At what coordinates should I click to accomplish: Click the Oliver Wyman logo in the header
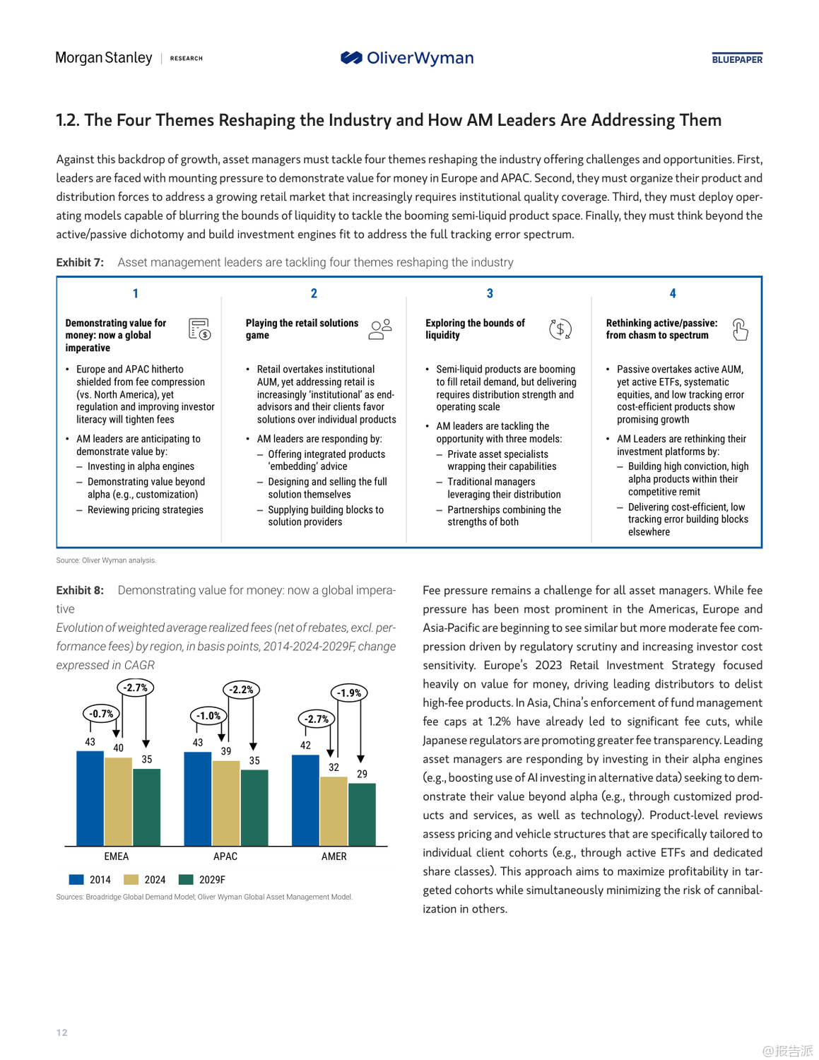tap(407, 58)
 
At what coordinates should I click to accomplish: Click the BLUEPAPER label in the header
tap(737, 59)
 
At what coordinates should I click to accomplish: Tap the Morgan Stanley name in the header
tap(104, 58)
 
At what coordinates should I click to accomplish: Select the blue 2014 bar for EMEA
tap(90, 798)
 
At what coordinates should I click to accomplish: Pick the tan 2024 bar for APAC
tap(226, 803)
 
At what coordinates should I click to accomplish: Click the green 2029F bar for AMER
tap(362, 814)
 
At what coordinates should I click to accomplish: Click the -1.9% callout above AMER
tap(349, 693)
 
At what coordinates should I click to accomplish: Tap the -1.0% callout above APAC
tap(208, 716)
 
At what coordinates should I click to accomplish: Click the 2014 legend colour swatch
tap(76, 880)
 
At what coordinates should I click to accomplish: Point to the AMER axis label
tap(334, 856)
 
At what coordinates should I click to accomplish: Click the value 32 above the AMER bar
tap(334, 767)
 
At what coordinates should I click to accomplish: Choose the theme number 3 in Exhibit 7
tap(490, 293)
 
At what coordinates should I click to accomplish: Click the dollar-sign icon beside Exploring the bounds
tap(560, 329)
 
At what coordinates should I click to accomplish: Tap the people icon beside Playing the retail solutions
tap(380, 329)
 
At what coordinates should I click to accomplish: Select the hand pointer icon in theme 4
tap(740, 329)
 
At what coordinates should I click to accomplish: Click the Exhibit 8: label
tap(80, 590)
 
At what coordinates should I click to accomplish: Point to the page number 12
tap(62, 1032)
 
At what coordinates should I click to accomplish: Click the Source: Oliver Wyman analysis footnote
tap(106, 560)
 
